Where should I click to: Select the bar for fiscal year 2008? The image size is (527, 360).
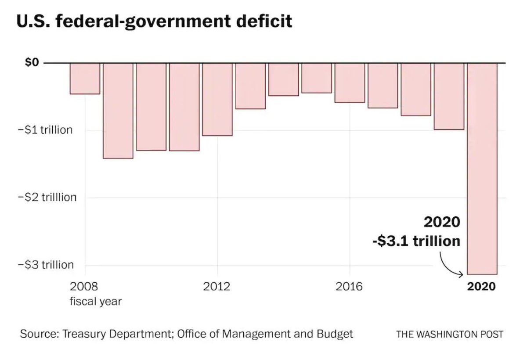[x=85, y=79]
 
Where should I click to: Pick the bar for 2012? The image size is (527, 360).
[x=217, y=99]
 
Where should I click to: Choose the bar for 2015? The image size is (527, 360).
[x=317, y=78]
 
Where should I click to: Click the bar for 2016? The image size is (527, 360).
[x=350, y=83]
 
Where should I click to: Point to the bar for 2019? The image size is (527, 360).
[x=449, y=96]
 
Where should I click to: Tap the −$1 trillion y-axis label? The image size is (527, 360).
[x=45, y=130]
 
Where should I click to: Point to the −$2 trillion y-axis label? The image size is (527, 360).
[x=47, y=198]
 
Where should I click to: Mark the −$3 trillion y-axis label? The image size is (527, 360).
[x=46, y=265]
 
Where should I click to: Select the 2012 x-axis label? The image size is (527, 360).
[x=217, y=287]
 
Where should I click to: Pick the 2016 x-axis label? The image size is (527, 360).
[x=350, y=287]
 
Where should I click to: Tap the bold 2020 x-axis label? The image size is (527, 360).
[x=482, y=287]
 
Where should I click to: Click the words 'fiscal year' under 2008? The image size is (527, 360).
[x=95, y=302]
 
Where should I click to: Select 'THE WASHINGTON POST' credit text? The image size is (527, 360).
[x=450, y=334]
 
